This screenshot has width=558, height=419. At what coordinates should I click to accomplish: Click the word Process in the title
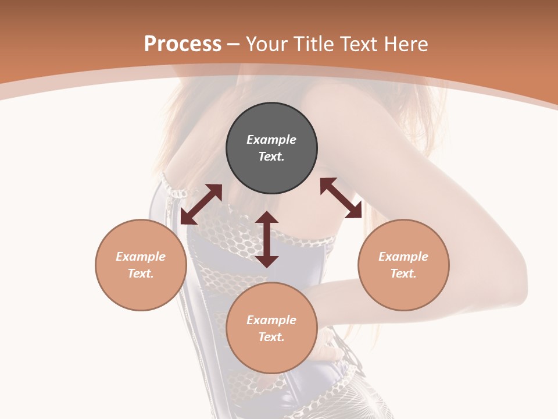click(183, 44)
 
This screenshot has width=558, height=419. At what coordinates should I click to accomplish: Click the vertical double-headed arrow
click(267, 239)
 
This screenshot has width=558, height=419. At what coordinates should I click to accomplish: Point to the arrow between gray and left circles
click(201, 204)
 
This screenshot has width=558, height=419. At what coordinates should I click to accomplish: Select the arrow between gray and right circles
click(341, 198)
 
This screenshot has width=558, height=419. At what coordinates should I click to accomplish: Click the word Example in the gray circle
click(271, 140)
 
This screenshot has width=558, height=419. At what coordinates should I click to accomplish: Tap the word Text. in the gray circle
click(271, 157)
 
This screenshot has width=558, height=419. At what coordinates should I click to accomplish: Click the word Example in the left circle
click(141, 257)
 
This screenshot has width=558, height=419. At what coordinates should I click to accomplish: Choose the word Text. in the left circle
click(141, 274)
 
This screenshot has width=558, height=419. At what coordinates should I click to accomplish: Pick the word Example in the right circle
click(403, 257)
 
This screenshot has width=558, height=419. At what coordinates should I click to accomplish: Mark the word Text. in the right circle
click(403, 274)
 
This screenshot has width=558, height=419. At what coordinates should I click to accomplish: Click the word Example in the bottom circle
click(271, 320)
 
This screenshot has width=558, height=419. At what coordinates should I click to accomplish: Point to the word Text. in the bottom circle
click(271, 337)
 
